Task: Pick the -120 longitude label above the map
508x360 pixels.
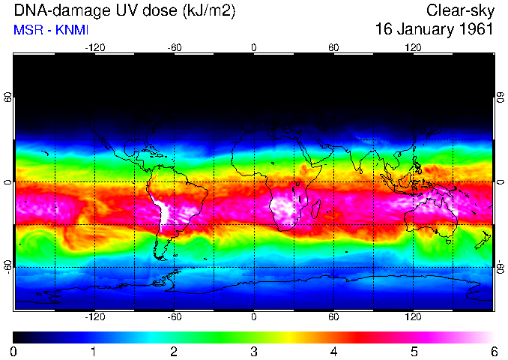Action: [94, 47]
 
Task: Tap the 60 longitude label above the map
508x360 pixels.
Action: [333, 47]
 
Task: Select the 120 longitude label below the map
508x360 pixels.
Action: [413, 317]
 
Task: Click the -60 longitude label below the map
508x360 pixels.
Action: [174, 317]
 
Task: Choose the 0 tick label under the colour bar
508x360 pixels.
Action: [14, 351]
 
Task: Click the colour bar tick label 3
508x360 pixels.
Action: [253, 351]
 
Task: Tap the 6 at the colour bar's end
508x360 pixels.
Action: [493, 351]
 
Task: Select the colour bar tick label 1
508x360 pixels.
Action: [94, 351]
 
